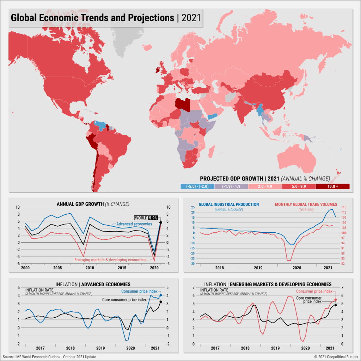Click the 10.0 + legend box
coord(332,186)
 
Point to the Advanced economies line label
coord(134,224)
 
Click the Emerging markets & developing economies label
coord(110,260)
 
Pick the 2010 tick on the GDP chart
coord(90,268)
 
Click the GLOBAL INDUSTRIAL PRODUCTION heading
coord(229,204)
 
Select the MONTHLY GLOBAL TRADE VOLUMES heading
coord(306,204)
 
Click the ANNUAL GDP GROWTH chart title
coord(93,204)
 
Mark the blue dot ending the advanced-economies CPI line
coord(161,295)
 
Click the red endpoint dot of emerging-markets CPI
coord(336,299)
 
